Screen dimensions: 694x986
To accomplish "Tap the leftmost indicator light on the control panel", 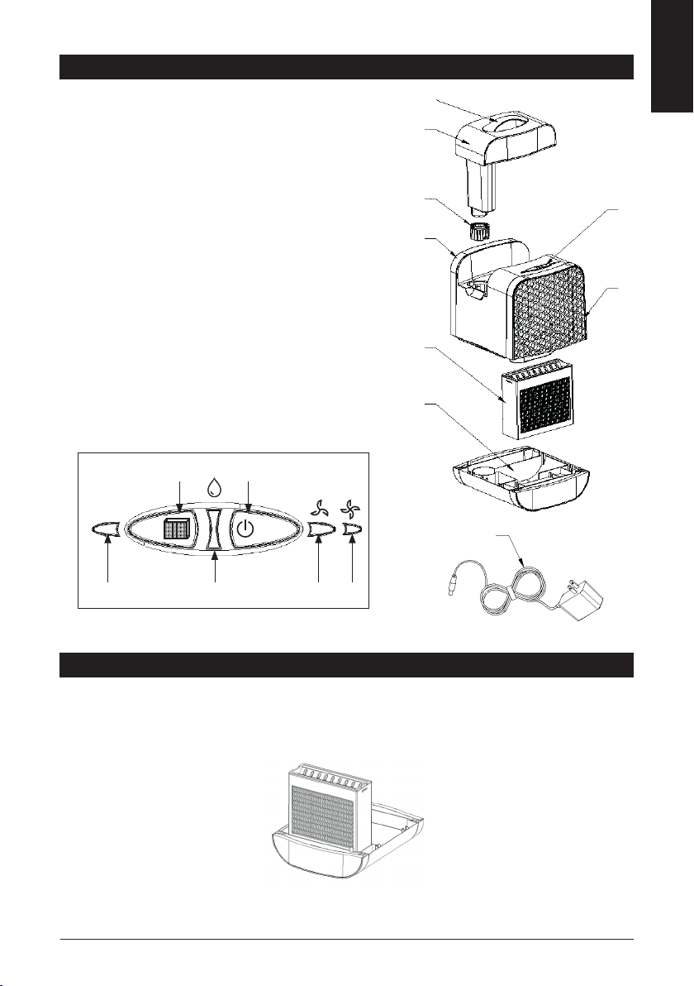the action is (x=107, y=530).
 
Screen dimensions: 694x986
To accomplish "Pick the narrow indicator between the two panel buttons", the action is (x=214, y=529).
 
